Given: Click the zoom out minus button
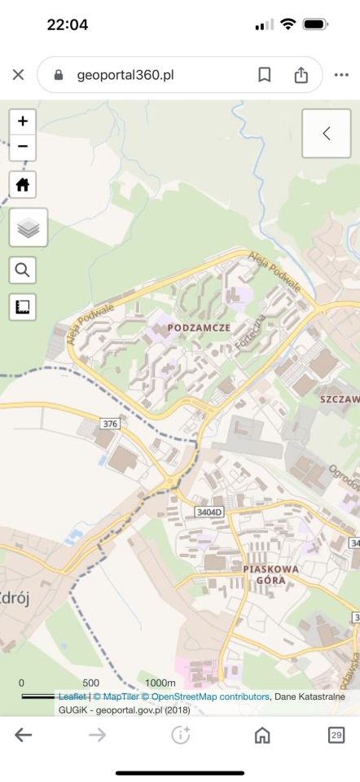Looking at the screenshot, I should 22,147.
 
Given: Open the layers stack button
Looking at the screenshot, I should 29,228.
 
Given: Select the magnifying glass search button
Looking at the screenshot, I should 22,269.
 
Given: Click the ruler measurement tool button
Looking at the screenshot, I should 22,307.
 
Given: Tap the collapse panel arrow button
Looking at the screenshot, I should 326,134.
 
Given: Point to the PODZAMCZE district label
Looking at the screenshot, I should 199,327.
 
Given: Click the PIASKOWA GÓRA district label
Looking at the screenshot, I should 270,574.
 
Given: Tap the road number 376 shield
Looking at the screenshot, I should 110,424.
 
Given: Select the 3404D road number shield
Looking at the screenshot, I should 209,512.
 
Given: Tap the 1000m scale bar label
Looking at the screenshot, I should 160,683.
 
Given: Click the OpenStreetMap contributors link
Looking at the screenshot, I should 209,696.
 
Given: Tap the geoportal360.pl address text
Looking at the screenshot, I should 125,75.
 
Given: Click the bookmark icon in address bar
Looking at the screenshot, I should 264,75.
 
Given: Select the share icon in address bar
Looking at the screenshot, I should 301,75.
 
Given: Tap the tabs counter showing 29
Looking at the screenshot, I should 336,735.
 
